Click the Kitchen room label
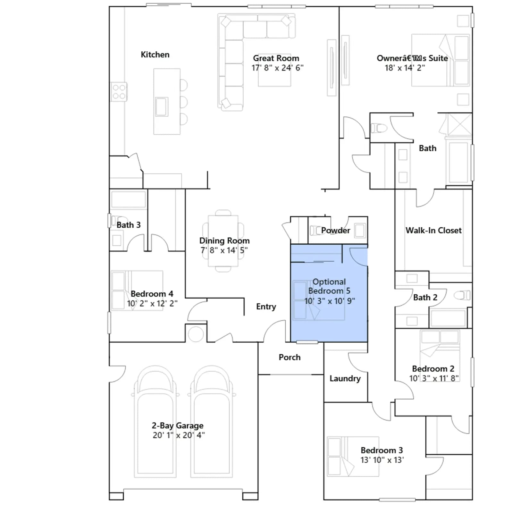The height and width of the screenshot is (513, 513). tap(155, 55)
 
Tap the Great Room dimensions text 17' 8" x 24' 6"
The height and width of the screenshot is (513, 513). tap(277, 68)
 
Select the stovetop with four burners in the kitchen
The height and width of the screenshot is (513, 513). tap(119, 92)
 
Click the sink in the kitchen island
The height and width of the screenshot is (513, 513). tap(162, 106)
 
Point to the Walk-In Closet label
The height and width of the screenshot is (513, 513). tap(433, 230)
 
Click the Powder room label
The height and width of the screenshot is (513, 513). tap(336, 230)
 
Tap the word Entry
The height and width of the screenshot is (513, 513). tap(266, 307)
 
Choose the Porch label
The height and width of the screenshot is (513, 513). tap(290, 357)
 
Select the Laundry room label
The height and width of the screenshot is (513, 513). tap(345, 379)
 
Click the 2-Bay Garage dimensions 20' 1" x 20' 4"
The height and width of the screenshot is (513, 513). tap(179, 435)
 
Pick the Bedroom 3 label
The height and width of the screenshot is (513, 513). tap(382, 450)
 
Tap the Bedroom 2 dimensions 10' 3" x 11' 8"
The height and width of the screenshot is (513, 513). tap(434, 378)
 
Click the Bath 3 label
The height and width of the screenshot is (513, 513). tap(128, 225)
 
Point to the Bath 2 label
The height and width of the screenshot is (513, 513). tap(425, 298)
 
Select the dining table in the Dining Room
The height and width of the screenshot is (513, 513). tap(223, 241)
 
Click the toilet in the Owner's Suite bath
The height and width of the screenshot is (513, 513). tap(379, 128)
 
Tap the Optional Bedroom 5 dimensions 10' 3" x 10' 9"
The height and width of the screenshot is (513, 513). tap(330, 301)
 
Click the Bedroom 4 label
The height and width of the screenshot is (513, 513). tap(152, 294)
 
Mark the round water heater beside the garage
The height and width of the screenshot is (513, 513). tap(196, 334)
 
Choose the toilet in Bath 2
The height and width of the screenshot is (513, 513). tap(462, 295)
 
